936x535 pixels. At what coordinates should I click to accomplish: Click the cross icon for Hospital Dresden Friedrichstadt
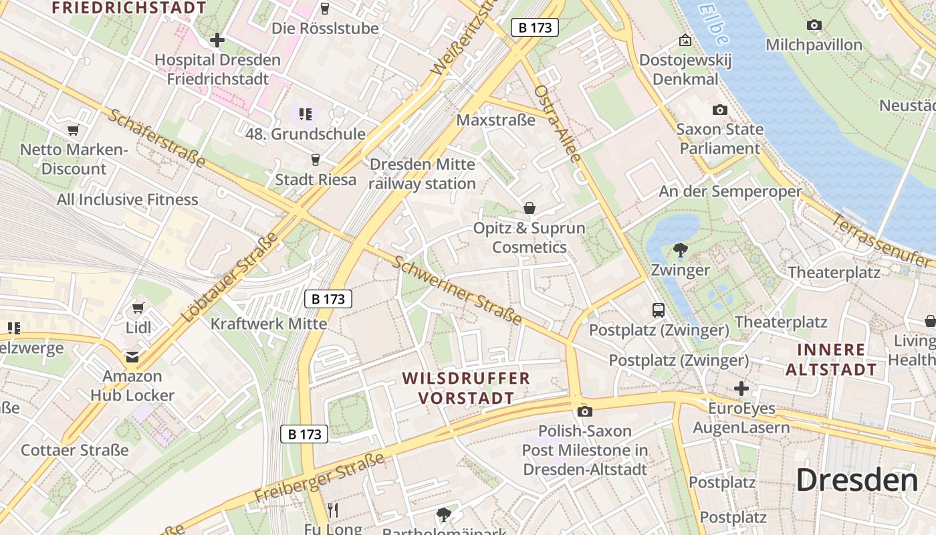pyautogui.click(x=217, y=40)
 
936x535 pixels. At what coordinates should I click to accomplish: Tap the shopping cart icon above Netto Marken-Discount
pyautogui.click(x=73, y=130)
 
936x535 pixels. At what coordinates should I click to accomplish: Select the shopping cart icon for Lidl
pyautogui.click(x=138, y=308)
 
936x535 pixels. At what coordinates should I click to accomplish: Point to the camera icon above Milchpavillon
pyautogui.click(x=814, y=25)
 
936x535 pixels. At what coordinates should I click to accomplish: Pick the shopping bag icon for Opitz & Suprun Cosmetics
pyautogui.click(x=530, y=208)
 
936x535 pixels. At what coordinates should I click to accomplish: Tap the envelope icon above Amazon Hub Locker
pyautogui.click(x=132, y=356)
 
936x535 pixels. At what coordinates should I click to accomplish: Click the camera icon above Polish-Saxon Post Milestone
pyautogui.click(x=585, y=411)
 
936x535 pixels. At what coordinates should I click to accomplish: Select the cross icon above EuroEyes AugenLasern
pyautogui.click(x=741, y=389)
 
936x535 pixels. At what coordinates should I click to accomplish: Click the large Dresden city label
pyautogui.click(x=857, y=480)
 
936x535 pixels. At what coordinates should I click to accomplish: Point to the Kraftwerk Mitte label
pyautogui.click(x=269, y=324)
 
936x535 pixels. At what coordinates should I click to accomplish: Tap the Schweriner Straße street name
pyautogui.click(x=457, y=290)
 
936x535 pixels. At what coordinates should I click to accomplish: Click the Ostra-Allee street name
pyautogui.click(x=558, y=123)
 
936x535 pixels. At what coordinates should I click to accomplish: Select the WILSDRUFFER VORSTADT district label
pyautogui.click(x=466, y=388)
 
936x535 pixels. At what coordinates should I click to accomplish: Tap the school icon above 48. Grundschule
pyautogui.click(x=306, y=114)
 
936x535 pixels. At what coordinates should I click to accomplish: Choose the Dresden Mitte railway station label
pyautogui.click(x=422, y=174)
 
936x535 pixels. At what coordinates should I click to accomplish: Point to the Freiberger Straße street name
pyautogui.click(x=320, y=477)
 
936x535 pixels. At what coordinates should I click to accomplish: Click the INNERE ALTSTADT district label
pyautogui.click(x=831, y=359)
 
